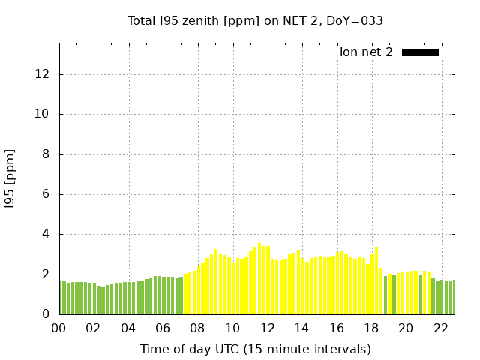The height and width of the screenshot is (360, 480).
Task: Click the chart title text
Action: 255,21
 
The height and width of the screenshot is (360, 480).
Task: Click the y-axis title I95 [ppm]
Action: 10,178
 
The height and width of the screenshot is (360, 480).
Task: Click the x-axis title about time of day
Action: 255,349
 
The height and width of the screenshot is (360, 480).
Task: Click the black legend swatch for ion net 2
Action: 420,52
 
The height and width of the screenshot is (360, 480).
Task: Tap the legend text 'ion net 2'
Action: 366,52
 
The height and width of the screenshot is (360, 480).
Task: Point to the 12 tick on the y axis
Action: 43,74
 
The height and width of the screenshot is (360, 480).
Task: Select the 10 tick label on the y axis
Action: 43,114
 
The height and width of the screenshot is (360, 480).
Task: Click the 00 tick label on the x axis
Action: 59,328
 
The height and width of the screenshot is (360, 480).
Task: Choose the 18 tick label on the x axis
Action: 371,328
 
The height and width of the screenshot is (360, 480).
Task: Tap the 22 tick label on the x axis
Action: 440,328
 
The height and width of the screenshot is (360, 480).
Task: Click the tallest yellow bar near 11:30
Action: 259,279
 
